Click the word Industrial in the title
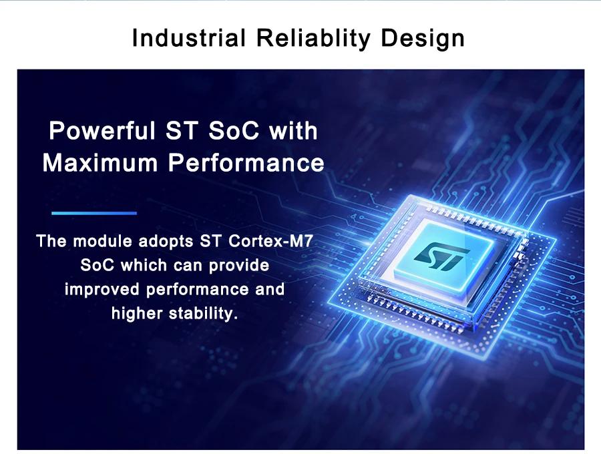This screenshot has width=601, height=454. pos(188,38)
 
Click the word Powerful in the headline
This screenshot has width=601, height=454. pos(102,130)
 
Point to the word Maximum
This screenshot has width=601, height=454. pos(100,162)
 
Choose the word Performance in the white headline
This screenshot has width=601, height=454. pos(246,162)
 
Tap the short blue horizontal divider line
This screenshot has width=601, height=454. pos(94,213)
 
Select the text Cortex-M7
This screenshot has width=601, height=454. pos(270,241)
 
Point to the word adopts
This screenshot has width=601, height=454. pos(166,242)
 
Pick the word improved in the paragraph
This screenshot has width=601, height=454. pos(102,290)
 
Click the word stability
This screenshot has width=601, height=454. pos(203,314)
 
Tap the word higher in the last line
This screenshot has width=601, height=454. pos(137,314)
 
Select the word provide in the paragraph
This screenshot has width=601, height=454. pos(239,266)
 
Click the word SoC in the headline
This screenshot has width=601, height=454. pos(234,130)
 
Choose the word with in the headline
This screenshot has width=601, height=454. pos(293,130)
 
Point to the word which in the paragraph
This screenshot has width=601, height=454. pos(144,265)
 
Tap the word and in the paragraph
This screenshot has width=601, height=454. pos(270,289)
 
